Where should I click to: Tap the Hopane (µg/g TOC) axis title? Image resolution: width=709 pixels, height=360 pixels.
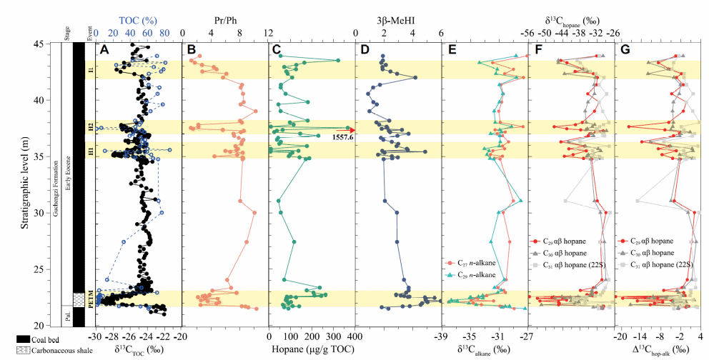pos(310,349)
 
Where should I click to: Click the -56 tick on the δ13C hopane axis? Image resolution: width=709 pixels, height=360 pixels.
pos(527,34)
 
